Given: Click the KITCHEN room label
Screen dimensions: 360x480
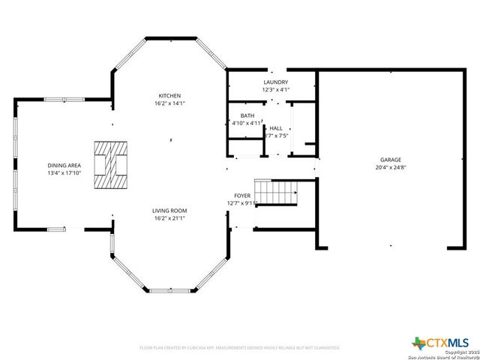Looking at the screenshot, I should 170,95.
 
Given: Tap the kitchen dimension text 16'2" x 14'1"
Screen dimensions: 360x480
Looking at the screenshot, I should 170,103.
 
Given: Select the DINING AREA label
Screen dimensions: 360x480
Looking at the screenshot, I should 64,165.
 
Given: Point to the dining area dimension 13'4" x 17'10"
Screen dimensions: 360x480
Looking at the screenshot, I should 64,173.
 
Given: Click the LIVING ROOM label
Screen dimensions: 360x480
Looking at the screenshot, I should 170,211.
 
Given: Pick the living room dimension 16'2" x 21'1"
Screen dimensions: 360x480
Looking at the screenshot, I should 170,219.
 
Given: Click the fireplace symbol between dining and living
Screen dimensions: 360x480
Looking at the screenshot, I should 109,164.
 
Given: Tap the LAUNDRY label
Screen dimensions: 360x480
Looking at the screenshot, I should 276,82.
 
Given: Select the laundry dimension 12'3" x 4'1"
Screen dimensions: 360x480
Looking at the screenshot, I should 276,90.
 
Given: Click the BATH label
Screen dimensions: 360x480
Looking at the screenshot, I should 247,115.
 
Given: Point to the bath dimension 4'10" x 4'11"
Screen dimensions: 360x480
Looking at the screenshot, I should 247,123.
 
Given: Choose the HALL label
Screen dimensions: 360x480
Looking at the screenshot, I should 277,128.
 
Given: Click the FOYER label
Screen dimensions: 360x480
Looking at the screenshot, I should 242,195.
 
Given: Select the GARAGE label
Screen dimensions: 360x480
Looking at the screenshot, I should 390,160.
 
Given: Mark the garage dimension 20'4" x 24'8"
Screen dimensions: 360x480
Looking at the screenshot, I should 390,168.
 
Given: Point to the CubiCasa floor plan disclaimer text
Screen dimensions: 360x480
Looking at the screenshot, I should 240,348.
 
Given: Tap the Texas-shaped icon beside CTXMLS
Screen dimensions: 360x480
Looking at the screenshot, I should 418,343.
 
